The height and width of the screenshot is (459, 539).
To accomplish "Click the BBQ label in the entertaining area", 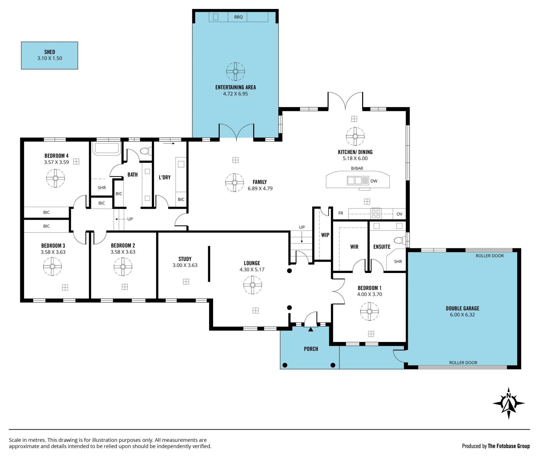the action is (x=238, y=17).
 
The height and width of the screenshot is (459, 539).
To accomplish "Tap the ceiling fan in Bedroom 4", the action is (x=56, y=178).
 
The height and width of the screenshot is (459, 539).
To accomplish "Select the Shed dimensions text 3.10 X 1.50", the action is (x=50, y=58).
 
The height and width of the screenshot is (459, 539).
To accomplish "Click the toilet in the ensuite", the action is (x=400, y=240).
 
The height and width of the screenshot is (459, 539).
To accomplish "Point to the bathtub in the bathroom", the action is (x=107, y=149).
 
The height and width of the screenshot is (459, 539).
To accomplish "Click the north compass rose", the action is (x=508, y=403).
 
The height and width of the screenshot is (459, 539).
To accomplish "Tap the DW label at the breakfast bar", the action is (x=374, y=181).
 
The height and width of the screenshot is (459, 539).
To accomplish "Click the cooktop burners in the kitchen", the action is (x=376, y=214).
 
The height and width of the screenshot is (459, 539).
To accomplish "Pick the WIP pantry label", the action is (x=325, y=235).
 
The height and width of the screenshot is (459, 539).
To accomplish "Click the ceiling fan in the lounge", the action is (x=253, y=285).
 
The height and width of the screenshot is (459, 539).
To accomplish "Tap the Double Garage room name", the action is (x=463, y=308).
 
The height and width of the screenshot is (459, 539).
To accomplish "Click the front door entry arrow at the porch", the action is (x=310, y=329).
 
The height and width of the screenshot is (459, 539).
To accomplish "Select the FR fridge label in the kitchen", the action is (x=341, y=213).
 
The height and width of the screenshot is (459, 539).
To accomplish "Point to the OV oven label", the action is (x=399, y=214).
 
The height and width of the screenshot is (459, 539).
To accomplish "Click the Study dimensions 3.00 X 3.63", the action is (x=185, y=265).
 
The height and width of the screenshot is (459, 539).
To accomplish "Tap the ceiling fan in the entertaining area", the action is (x=236, y=72).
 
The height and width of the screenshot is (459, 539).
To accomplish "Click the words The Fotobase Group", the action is (x=509, y=446).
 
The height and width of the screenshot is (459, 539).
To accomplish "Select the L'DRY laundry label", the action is (x=165, y=177).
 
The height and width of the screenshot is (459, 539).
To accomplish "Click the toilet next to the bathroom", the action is (x=145, y=151).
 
